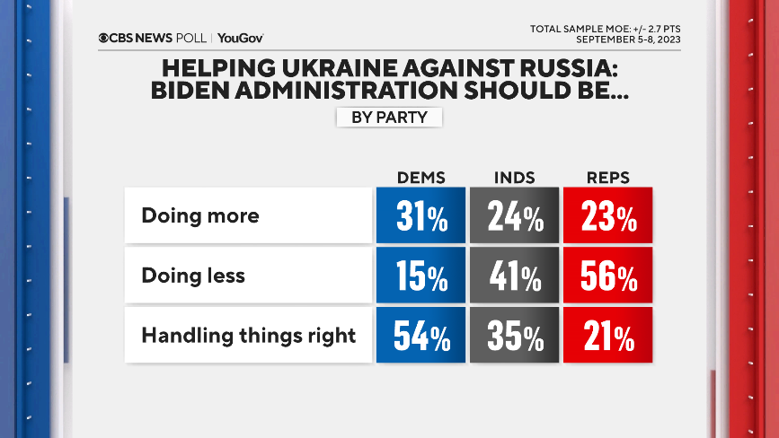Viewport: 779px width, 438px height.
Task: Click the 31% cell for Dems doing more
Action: (x=420, y=216)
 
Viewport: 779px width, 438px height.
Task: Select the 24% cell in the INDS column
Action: (x=514, y=216)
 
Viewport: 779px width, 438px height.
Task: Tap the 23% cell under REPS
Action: (x=607, y=216)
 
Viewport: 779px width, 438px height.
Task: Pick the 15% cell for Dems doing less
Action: (x=420, y=276)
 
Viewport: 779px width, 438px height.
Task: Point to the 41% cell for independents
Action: (x=514, y=276)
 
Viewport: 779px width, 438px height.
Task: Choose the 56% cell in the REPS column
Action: (x=607, y=276)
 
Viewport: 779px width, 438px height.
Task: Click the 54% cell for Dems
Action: (x=420, y=337)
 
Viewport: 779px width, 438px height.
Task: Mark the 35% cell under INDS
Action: (x=514, y=337)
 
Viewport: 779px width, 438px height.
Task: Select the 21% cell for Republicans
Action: (x=607, y=337)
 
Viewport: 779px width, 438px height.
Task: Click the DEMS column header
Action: (x=420, y=177)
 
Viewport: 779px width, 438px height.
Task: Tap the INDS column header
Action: (x=514, y=177)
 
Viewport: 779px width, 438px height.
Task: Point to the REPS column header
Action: (x=607, y=177)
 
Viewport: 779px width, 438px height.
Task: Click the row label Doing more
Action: (x=200, y=216)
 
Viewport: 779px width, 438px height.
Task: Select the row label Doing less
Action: (x=193, y=276)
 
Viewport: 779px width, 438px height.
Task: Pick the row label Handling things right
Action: (x=249, y=337)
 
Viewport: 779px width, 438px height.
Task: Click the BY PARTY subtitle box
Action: (x=389, y=117)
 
